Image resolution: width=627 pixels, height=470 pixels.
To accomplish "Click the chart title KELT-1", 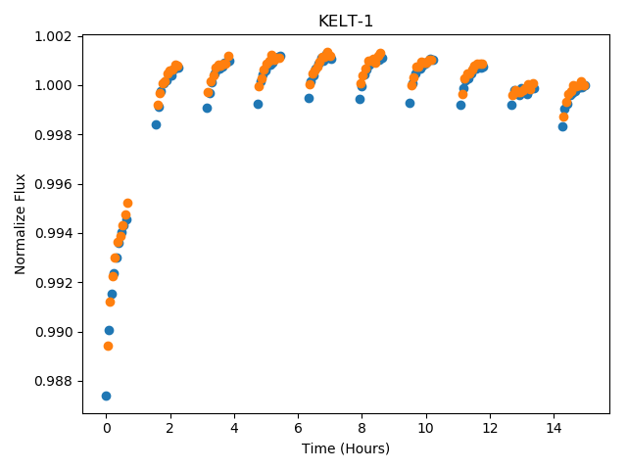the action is pos(346,22).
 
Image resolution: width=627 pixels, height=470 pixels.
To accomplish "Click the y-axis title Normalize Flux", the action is pos(20,224).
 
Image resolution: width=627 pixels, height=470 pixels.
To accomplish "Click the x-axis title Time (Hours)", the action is pos(346,448).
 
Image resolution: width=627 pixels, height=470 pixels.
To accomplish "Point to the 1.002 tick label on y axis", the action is pos(53,37).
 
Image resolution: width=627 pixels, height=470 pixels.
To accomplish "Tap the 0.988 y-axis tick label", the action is pos(53,381).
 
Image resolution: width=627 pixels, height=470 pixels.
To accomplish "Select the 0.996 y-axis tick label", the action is pos(53,184).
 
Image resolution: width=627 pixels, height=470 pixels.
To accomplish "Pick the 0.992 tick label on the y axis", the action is pos(53,283).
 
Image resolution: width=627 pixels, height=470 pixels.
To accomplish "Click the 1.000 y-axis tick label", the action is pos(53,86).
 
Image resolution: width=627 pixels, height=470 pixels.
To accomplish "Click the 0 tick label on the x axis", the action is pos(107,429).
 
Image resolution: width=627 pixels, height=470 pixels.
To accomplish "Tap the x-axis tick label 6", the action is pos(298,429).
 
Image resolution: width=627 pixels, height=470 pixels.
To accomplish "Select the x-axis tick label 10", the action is pos(425,429).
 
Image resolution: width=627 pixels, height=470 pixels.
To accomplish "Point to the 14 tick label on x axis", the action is pos(554,429).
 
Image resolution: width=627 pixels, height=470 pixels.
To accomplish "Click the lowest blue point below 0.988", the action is pos(106,396).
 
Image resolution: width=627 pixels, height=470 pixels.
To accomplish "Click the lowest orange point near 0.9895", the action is pos(108,346).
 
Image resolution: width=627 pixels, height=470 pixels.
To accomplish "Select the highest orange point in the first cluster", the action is pos(127,203).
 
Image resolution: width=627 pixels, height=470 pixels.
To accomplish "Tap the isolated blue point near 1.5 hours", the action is pos(156,124).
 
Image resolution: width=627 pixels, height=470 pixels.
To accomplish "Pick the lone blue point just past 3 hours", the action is pos(207,108).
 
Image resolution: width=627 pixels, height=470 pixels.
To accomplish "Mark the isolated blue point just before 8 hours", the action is pos(360,99).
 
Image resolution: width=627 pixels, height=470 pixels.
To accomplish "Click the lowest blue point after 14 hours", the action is pos(562,126).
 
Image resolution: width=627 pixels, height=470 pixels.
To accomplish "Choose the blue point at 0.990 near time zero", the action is pos(109,330).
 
